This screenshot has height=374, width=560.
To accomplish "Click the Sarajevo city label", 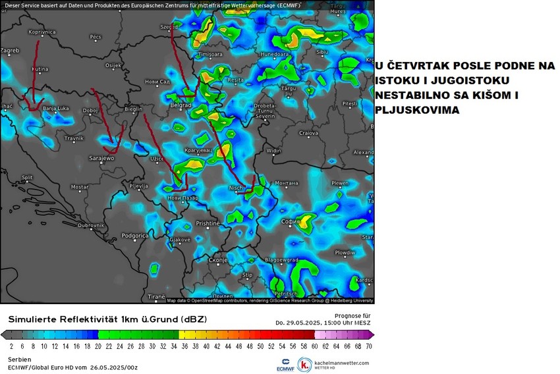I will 101,158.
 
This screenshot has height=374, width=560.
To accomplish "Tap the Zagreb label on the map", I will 11,50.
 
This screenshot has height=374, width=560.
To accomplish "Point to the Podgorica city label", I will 134,235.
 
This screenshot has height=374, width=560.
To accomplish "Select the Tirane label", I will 156,297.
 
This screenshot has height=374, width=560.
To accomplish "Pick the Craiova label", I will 308,133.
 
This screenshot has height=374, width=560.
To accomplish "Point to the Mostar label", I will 80,187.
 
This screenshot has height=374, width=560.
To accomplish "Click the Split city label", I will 27,177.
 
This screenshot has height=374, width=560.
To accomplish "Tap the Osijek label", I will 113,65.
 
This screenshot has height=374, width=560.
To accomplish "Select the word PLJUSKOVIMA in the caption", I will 416,110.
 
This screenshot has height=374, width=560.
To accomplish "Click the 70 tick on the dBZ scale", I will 369,345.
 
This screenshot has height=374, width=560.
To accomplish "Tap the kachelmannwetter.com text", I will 342,362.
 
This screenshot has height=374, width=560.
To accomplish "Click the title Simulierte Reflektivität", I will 67,319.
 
